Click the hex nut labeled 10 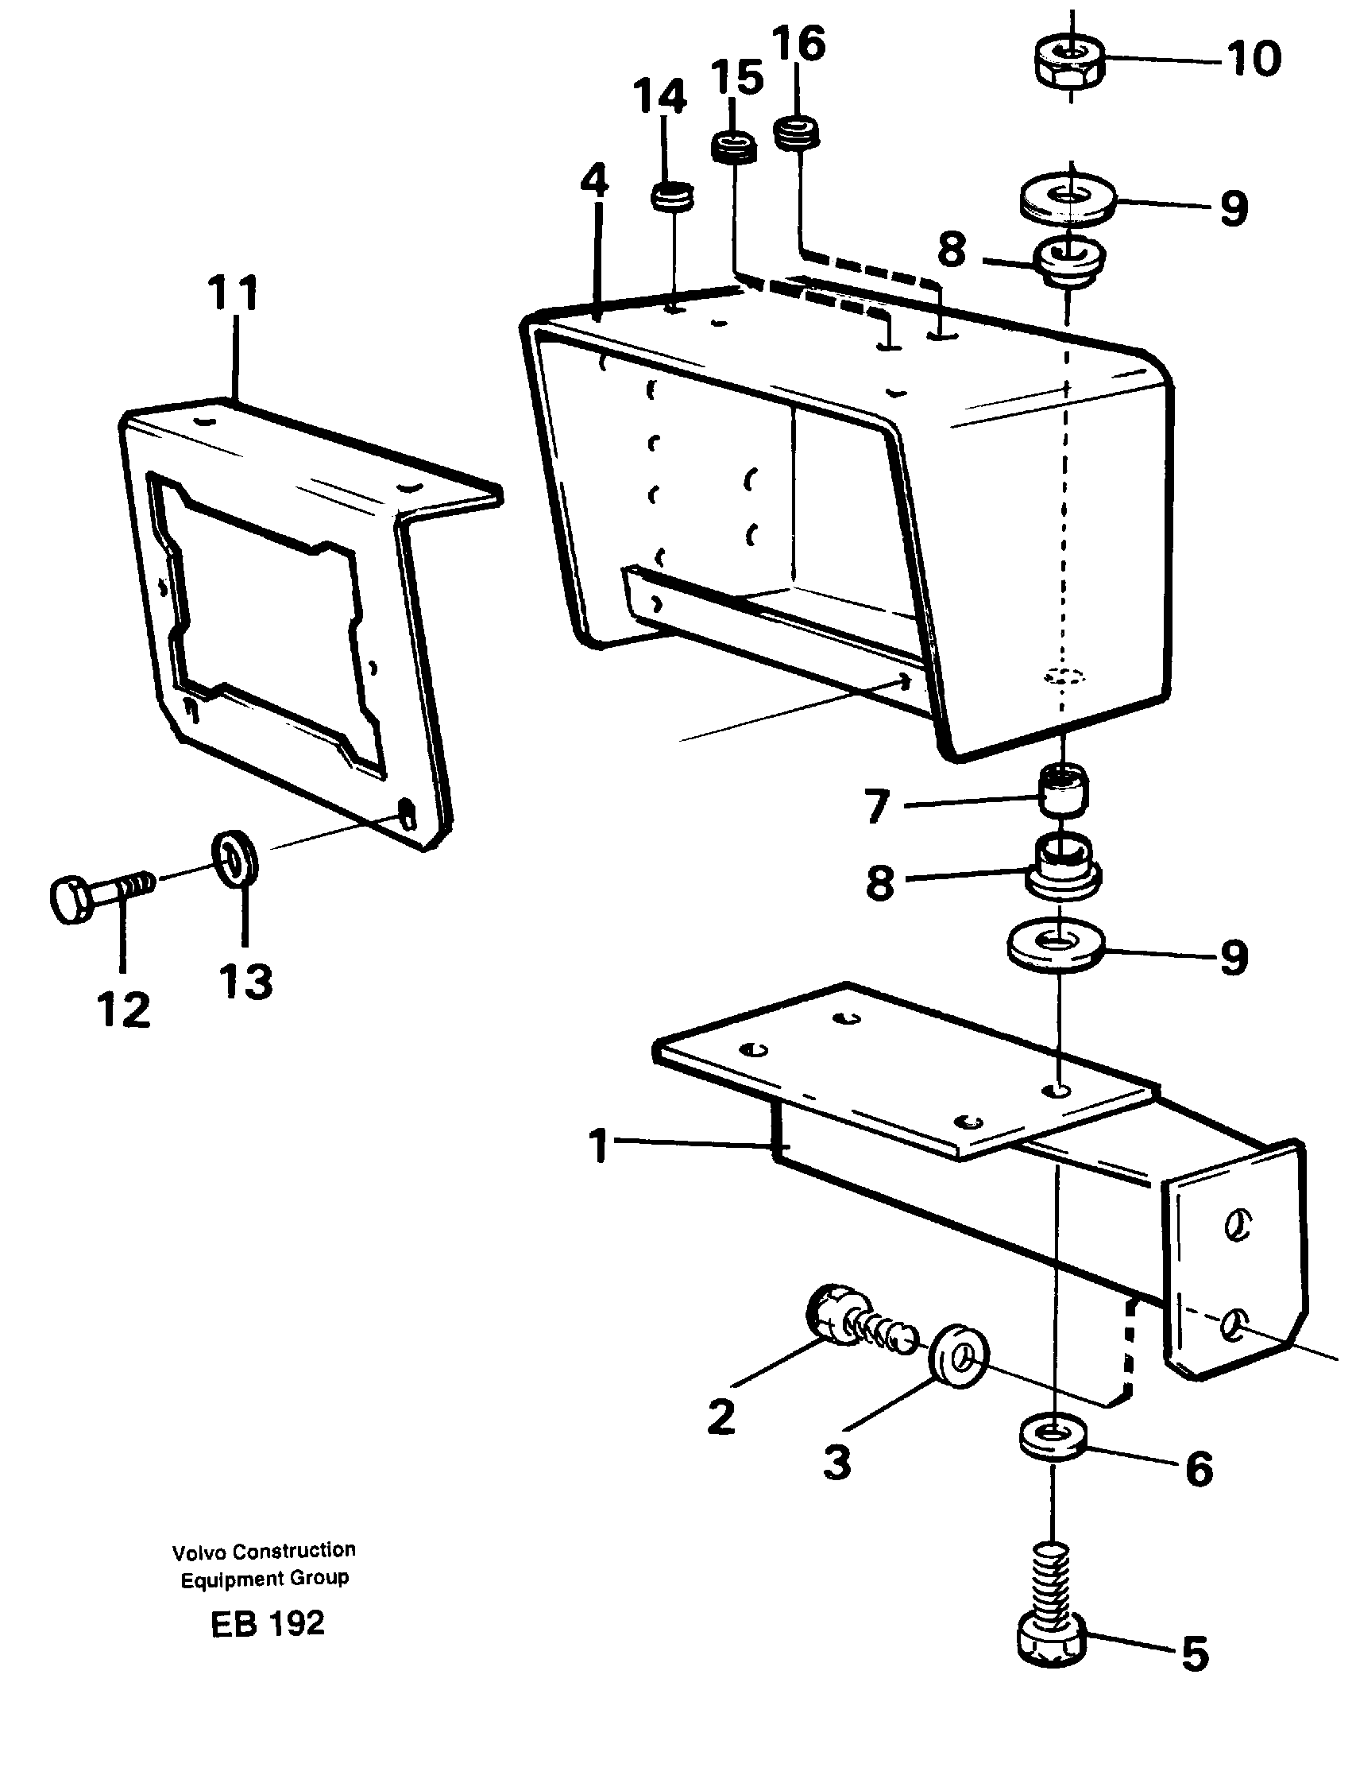click(x=1068, y=65)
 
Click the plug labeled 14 click(x=672, y=198)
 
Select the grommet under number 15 click(x=734, y=149)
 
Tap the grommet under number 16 click(x=797, y=132)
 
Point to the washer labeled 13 click(x=235, y=859)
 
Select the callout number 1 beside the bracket click(x=598, y=1145)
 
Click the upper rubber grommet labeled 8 click(x=1068, y=263)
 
